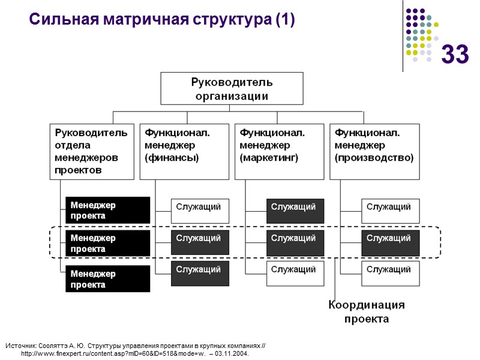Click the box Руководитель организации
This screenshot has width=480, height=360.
click(231, 88)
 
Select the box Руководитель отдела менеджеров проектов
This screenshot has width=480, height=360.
click(92, 151)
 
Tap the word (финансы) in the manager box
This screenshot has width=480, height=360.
click(172, 158)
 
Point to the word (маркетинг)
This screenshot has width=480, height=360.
click(269, 158)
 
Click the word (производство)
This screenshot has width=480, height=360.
click(374, 158)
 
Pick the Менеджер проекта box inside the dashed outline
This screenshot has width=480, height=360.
click(107, 243)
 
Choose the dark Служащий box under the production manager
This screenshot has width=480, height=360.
click(390, 242)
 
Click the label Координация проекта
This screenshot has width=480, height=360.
click(366, 312)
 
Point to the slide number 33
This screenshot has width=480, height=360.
click(455, 55)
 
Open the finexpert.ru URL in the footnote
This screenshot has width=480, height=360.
click(114, 354)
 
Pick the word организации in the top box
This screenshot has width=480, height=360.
click(231, 95)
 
